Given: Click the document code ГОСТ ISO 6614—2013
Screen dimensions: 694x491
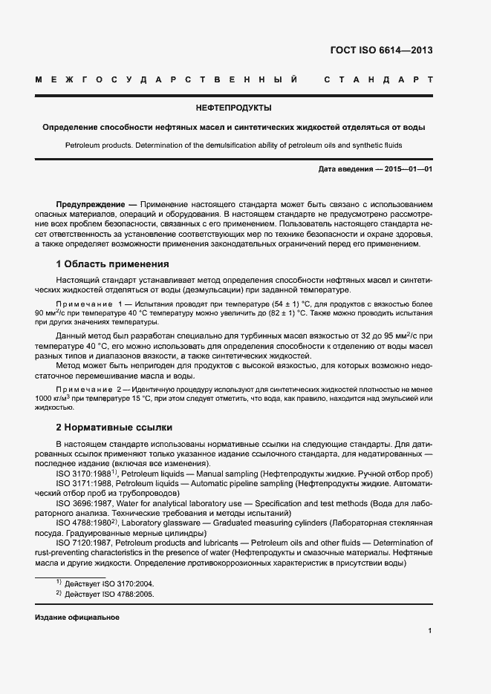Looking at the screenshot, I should click(380, 50).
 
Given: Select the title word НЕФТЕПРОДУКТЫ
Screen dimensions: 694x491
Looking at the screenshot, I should click(233, 108).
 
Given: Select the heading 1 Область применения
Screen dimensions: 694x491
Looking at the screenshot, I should click(112, 263).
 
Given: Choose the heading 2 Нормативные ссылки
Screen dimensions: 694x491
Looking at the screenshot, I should click(114, 428).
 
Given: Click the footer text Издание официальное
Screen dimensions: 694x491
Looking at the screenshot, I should click(77, 618).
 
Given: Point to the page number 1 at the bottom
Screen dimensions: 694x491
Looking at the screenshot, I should click(430, 631).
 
